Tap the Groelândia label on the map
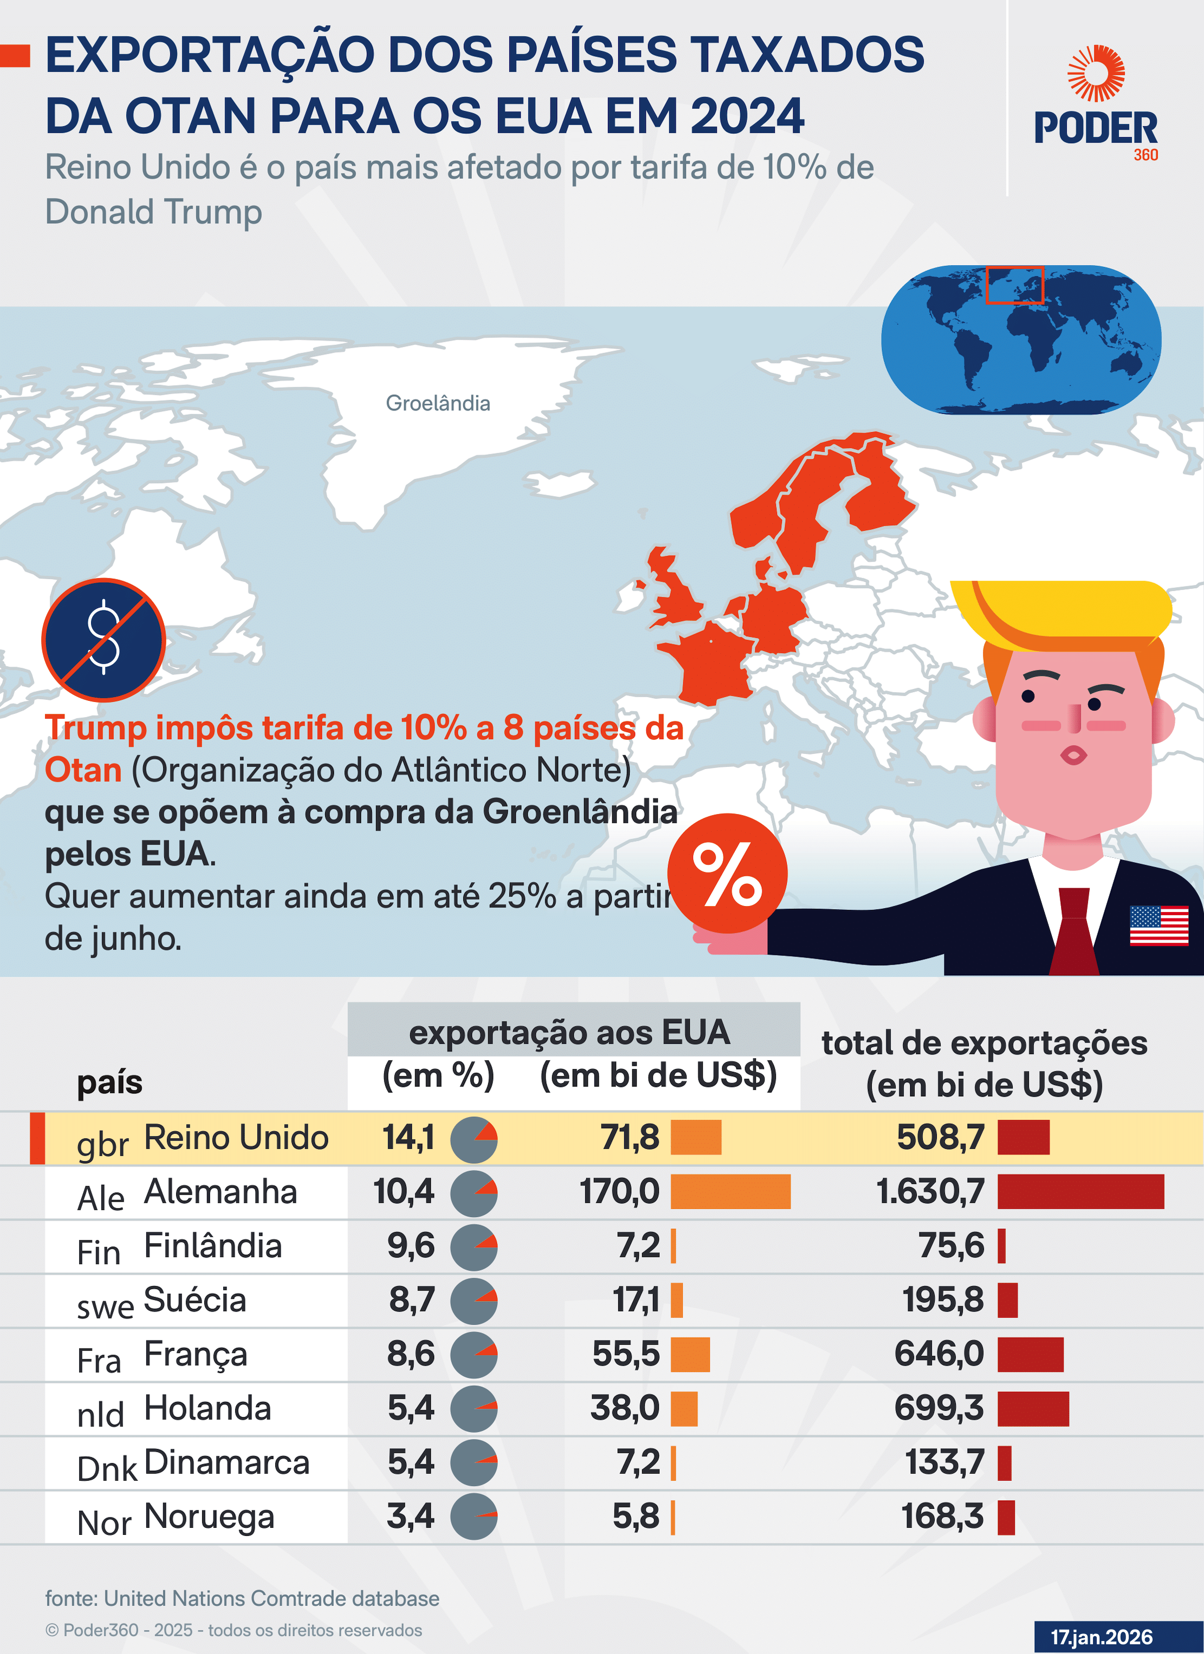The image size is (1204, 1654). pos(438,403)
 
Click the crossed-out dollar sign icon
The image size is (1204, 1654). pos(103,640)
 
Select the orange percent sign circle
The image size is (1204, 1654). pos(728,873)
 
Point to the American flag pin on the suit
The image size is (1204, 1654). pos(1159,926)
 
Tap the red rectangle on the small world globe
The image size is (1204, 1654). pos(1015,284)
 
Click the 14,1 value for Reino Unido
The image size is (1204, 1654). pos(409,1138)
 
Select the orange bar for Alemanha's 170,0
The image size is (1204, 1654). pos(730,1191)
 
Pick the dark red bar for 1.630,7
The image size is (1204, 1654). pos(1080,1191)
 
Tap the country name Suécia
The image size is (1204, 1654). pos(195,1300)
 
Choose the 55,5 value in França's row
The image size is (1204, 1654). pos(626,1355)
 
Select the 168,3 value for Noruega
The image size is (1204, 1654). pos(943,1517)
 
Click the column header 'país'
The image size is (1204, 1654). pos(109,1083)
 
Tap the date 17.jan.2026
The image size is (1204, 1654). pos(1102,1637)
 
